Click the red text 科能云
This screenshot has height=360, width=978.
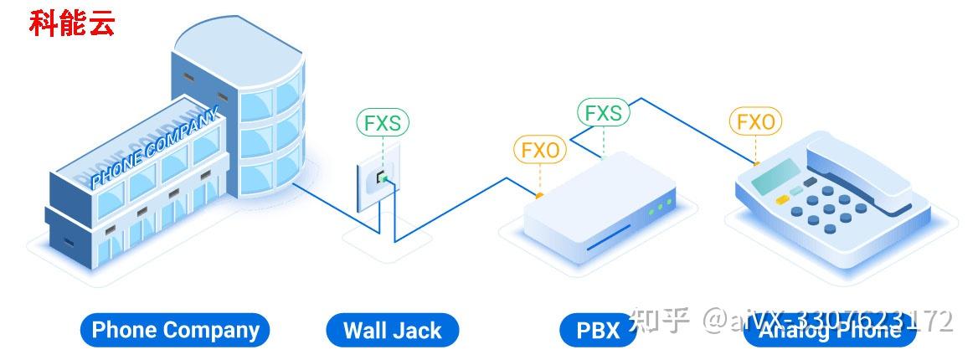72,23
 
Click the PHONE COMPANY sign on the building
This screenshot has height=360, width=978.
156,146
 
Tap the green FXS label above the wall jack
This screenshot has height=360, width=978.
383,122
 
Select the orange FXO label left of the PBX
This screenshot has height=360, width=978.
540,150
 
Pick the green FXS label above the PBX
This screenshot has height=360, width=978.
603,112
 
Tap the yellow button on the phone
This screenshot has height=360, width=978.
783,200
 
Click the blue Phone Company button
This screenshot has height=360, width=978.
175,330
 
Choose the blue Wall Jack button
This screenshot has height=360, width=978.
392,330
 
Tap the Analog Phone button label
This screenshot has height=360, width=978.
829,331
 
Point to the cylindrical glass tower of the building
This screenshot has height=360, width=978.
268,117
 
